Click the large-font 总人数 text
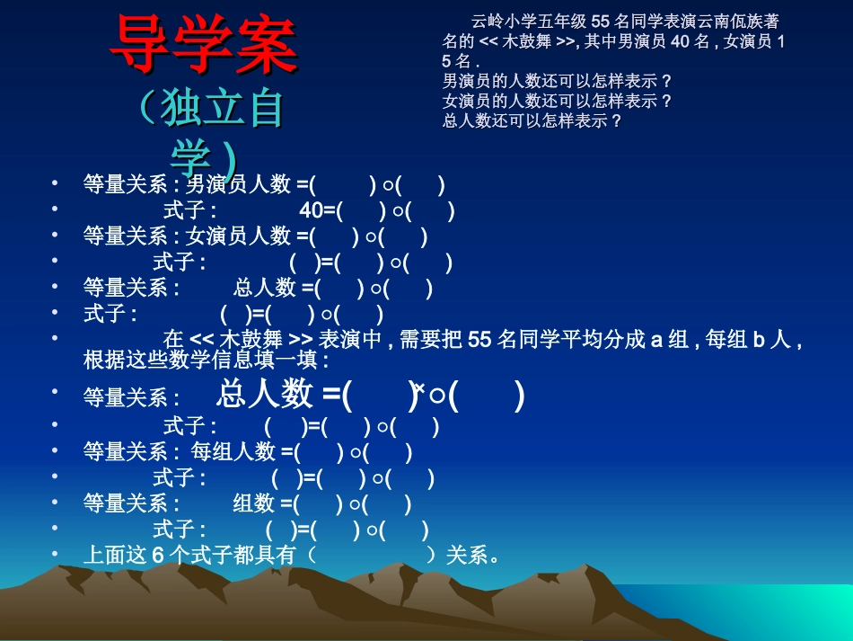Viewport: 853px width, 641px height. [265, 394]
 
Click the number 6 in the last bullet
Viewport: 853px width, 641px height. [157, 556]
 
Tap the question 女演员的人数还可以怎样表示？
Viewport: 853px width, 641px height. [558, 101]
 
